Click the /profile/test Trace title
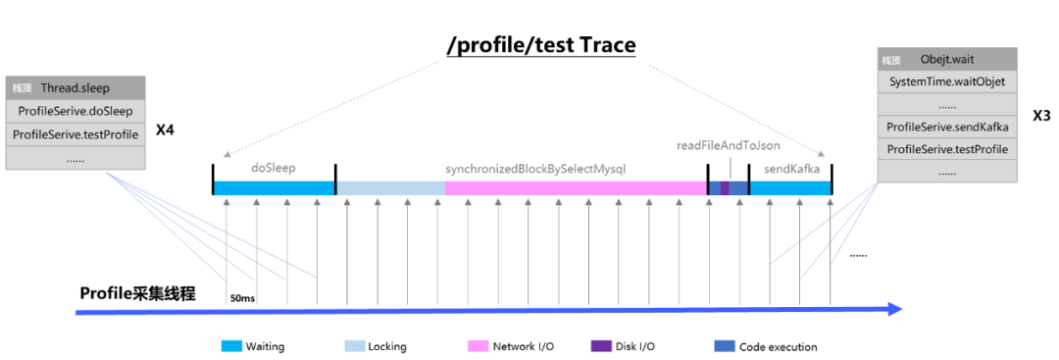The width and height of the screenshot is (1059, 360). point(541,45)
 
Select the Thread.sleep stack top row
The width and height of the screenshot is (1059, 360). point(75,88)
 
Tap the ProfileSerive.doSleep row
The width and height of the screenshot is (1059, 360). point(75,111)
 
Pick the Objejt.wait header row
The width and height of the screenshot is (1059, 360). point(947,60)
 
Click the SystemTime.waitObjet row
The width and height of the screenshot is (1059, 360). point(947,82)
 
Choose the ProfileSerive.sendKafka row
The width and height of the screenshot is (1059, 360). point(947,127)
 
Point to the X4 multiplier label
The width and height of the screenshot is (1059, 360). point(165,129)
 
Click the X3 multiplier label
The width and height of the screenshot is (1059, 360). point(1040,116)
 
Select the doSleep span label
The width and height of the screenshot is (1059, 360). point(274,169)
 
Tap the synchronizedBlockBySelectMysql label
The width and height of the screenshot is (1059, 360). point(535,169)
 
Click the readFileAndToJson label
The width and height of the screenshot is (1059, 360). point(728,145)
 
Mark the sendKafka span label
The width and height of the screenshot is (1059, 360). point(791,169)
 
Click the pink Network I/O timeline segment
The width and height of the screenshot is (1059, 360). point(576,188)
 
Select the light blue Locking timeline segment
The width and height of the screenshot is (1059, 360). point(390,188)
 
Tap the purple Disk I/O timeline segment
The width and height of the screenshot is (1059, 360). point(725,188)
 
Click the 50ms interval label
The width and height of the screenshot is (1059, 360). point(242,298)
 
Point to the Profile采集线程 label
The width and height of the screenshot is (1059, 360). point(138,293)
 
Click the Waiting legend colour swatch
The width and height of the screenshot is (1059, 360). point(231,346)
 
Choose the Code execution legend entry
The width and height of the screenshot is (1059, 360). point(765,346)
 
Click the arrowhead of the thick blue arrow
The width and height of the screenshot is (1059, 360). point(895,309)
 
